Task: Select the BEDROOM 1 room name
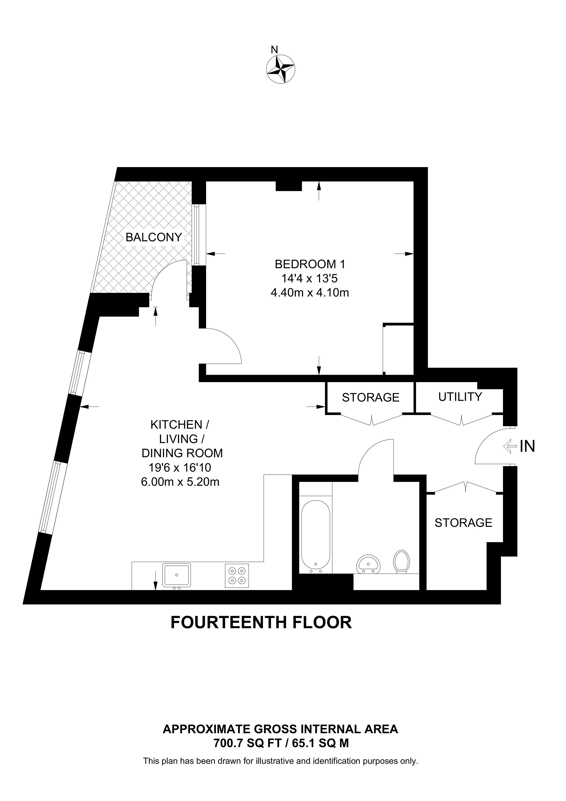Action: [x=310, y=265]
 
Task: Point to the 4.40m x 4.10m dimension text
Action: [x=310, y=293]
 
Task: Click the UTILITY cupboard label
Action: [x=460, y=397]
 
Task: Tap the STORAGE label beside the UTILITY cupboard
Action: [x=370, y=398]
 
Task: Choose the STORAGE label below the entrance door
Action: [x=463, y=523]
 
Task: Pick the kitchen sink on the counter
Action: [x=176, y=575]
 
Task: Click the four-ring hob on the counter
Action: [x=237, y=576]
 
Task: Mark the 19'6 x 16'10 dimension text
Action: [x=180, y=468]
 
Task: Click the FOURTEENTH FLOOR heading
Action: [x=261, y=632]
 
